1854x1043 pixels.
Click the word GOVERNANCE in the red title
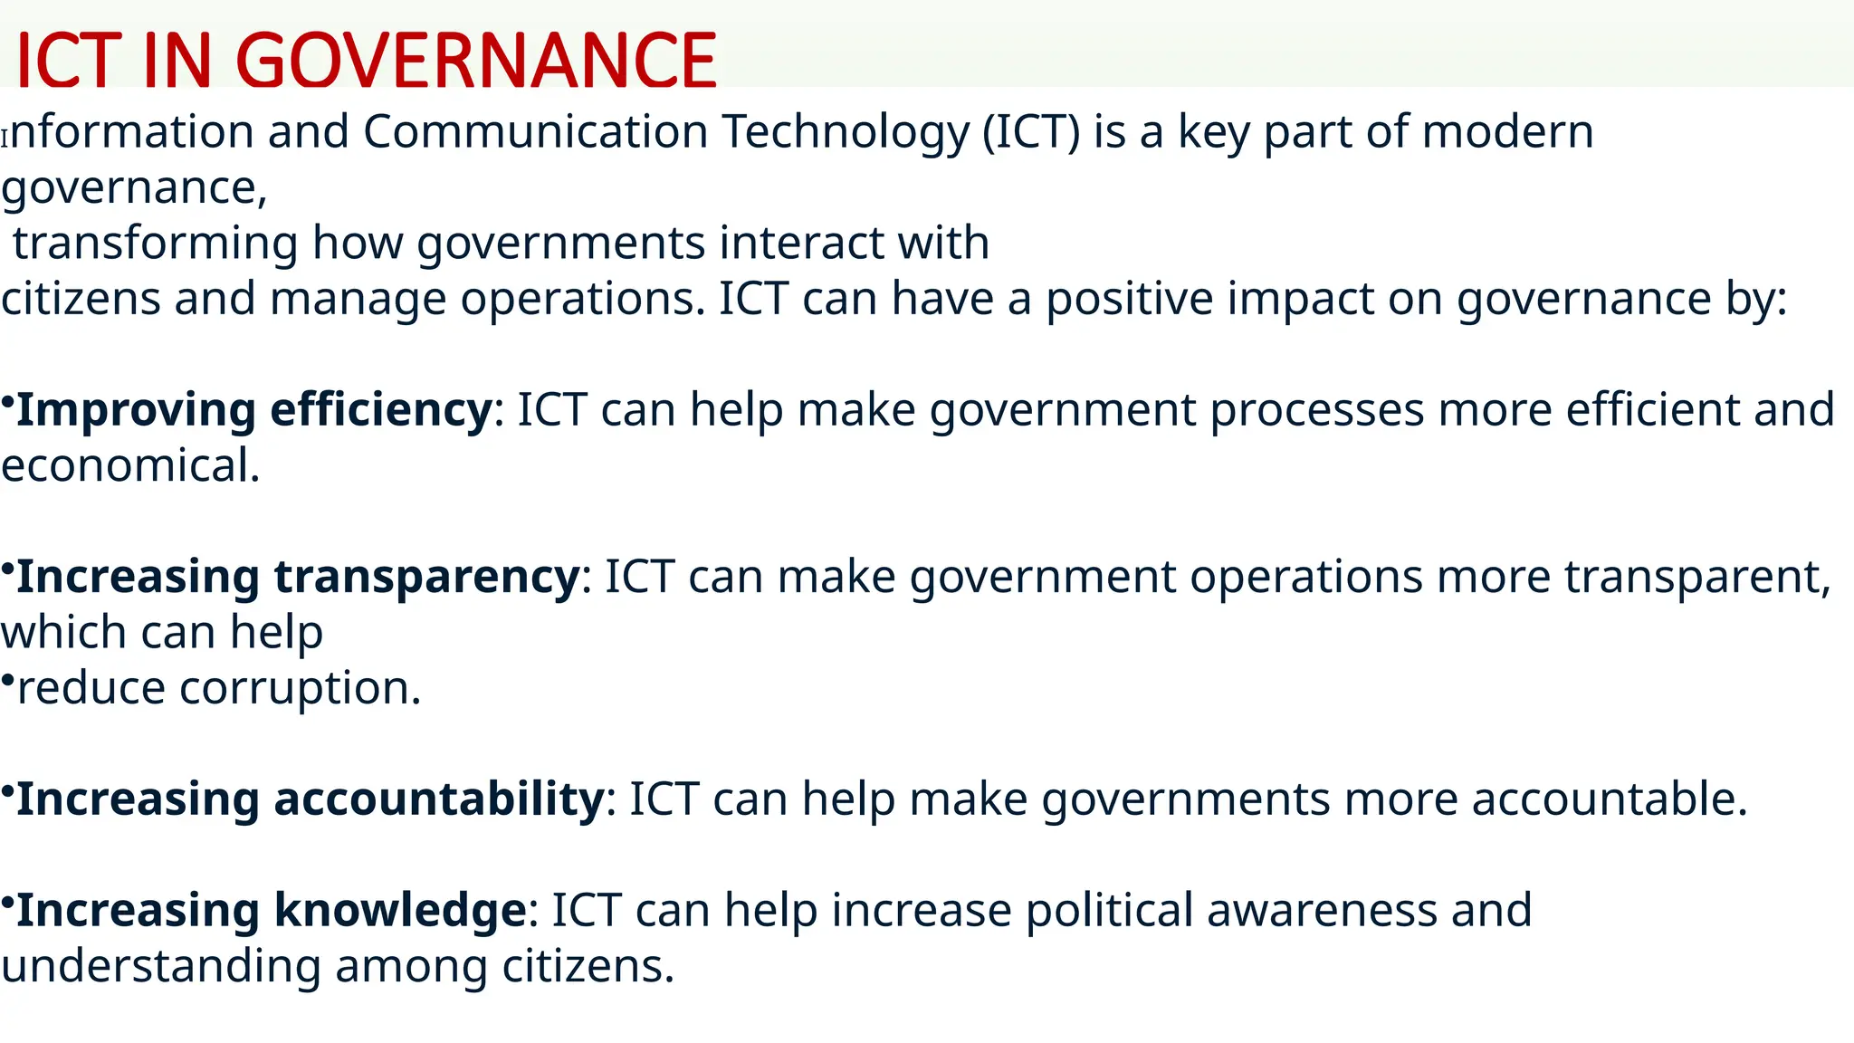pos(475,62)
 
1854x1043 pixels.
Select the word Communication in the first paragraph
pos(535,132)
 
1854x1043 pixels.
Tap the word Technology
pos(845,132)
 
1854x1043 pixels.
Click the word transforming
pos(155,244)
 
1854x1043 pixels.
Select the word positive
pos(1129,299)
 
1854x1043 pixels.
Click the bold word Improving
pos(136,410)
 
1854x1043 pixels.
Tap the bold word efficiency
pos(380,410)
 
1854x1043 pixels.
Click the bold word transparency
pos(426,577)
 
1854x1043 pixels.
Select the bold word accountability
pos(438,799)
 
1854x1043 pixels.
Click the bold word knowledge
pos(399,911)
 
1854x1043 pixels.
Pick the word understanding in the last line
pos(160,967)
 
